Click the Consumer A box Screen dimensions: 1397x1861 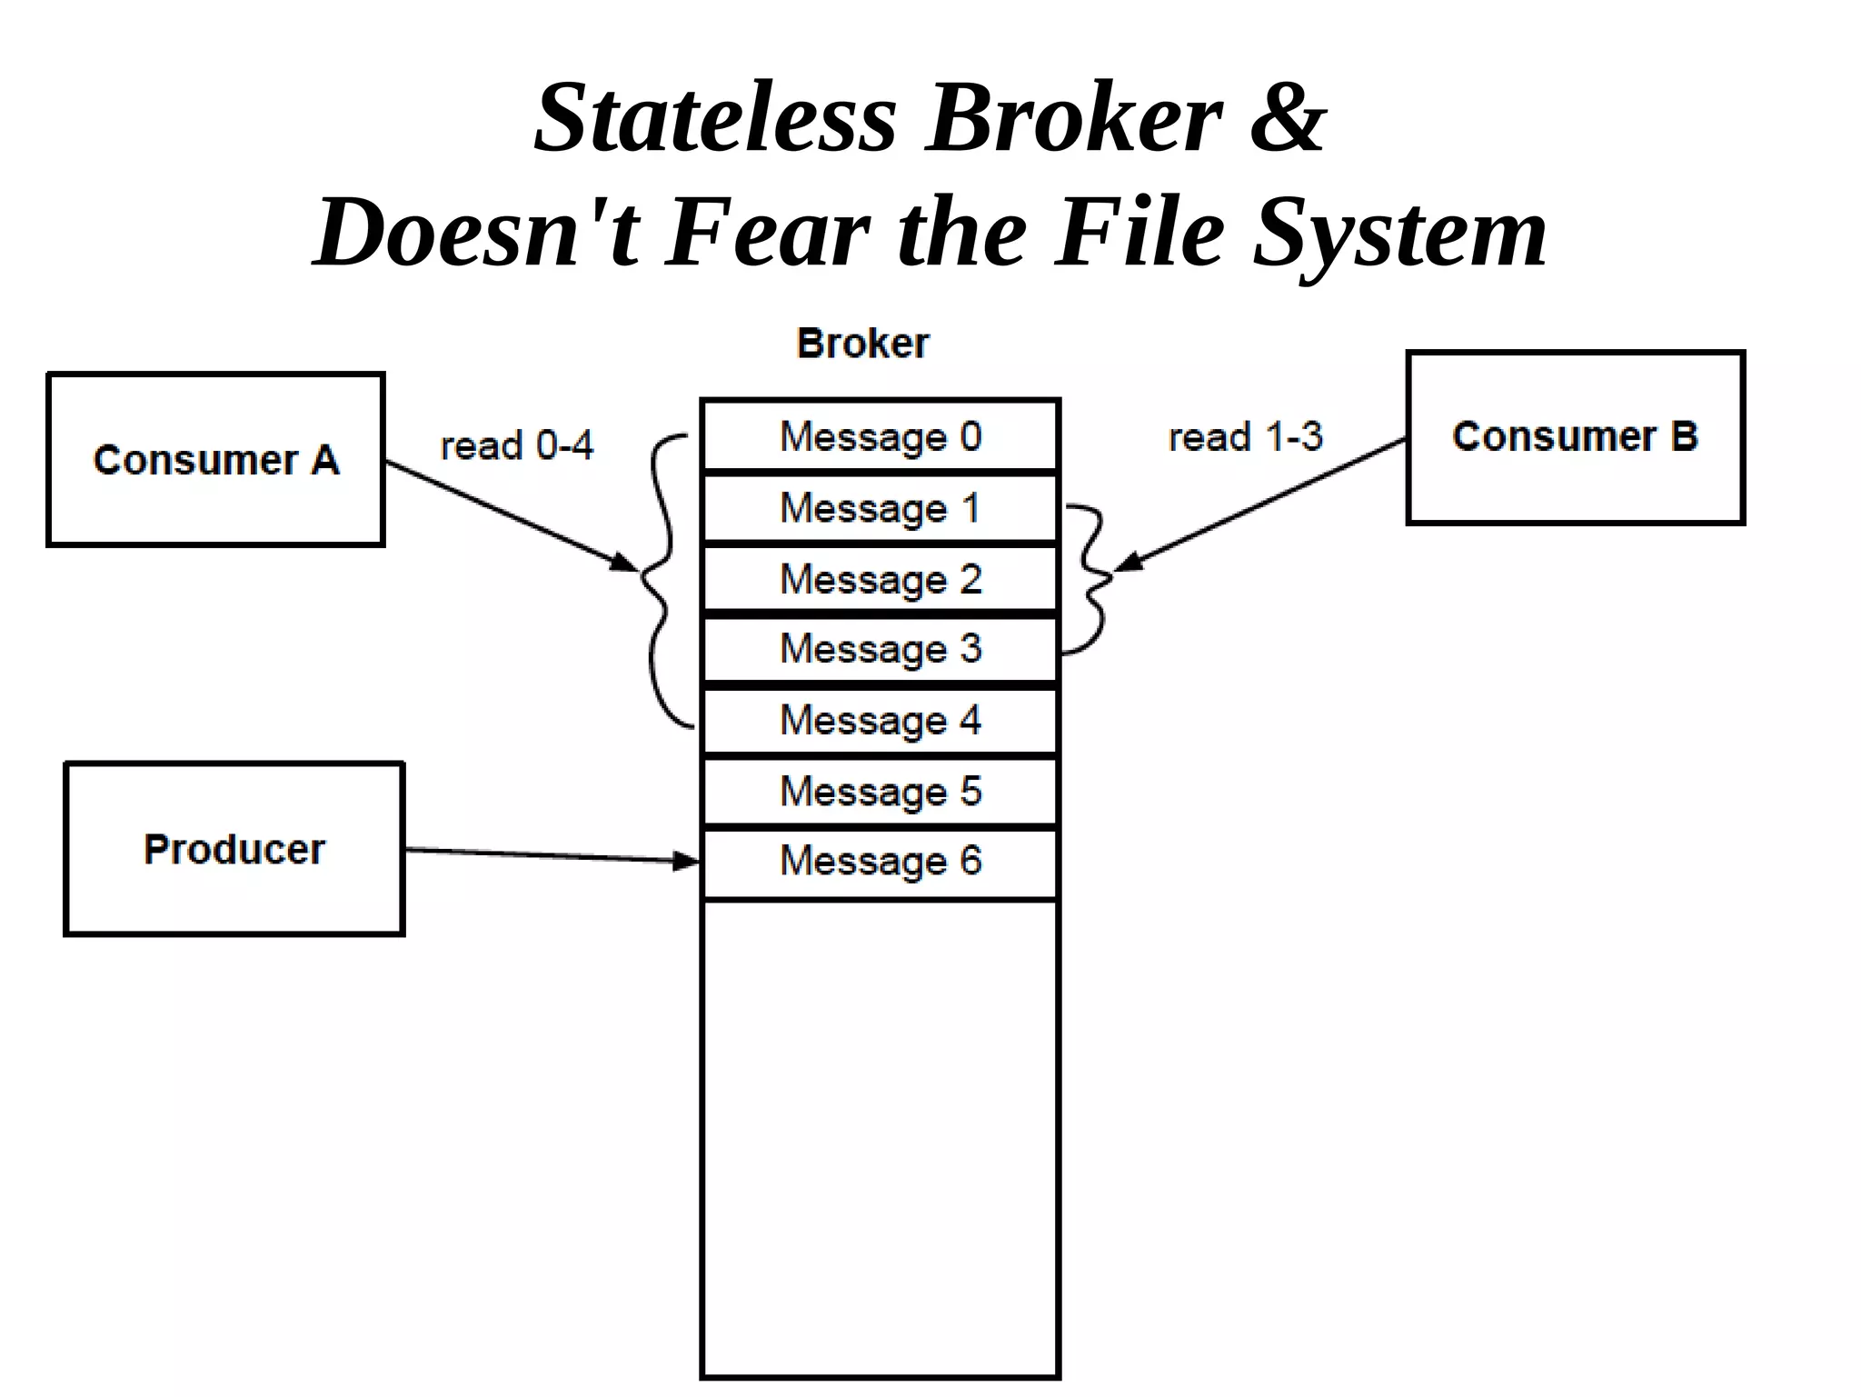point(215,459)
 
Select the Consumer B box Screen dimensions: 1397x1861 point(1575,437)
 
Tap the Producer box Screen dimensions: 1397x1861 point(234,849)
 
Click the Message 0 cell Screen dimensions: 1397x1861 point(880,436)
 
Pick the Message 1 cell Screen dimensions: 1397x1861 point(880,507)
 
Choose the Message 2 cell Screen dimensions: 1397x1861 point(880,579)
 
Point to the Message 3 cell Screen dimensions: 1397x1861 point(880,649)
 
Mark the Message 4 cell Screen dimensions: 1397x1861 point(880,720)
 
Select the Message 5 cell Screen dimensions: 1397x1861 point(880,791)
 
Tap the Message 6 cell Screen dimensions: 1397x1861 point(880,861)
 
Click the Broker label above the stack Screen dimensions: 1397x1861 point(862,344)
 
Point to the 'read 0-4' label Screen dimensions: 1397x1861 point(517,445)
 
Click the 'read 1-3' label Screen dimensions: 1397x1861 point(1245,437)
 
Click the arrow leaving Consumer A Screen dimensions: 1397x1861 point(509,516)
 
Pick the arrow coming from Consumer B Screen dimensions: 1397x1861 point(1263,504)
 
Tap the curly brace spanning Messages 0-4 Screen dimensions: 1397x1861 point(662,582)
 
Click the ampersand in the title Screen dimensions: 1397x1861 point(1288,118)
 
